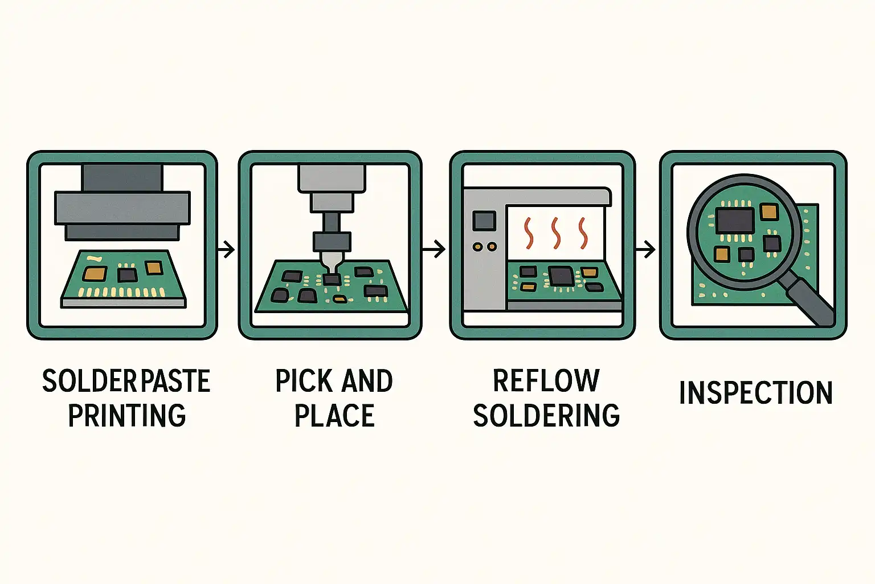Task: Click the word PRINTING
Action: coord(127,415)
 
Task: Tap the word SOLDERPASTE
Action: coord(126,381)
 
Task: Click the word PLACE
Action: coord(335,415)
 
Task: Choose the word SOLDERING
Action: coord(546,415)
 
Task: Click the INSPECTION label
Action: coord(757,392)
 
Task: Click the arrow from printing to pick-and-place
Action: coord(226,249)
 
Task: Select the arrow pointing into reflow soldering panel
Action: coord(434,249)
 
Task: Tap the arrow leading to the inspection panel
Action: coord(645,249)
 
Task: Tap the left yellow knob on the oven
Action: coord(477,246)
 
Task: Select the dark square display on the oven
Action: coord(484,221)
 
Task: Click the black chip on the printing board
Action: coord(128,274)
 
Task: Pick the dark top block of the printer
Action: coord(122,178)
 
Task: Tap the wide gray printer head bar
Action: coord(122,208)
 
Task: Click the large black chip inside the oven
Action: coord(561,276)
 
